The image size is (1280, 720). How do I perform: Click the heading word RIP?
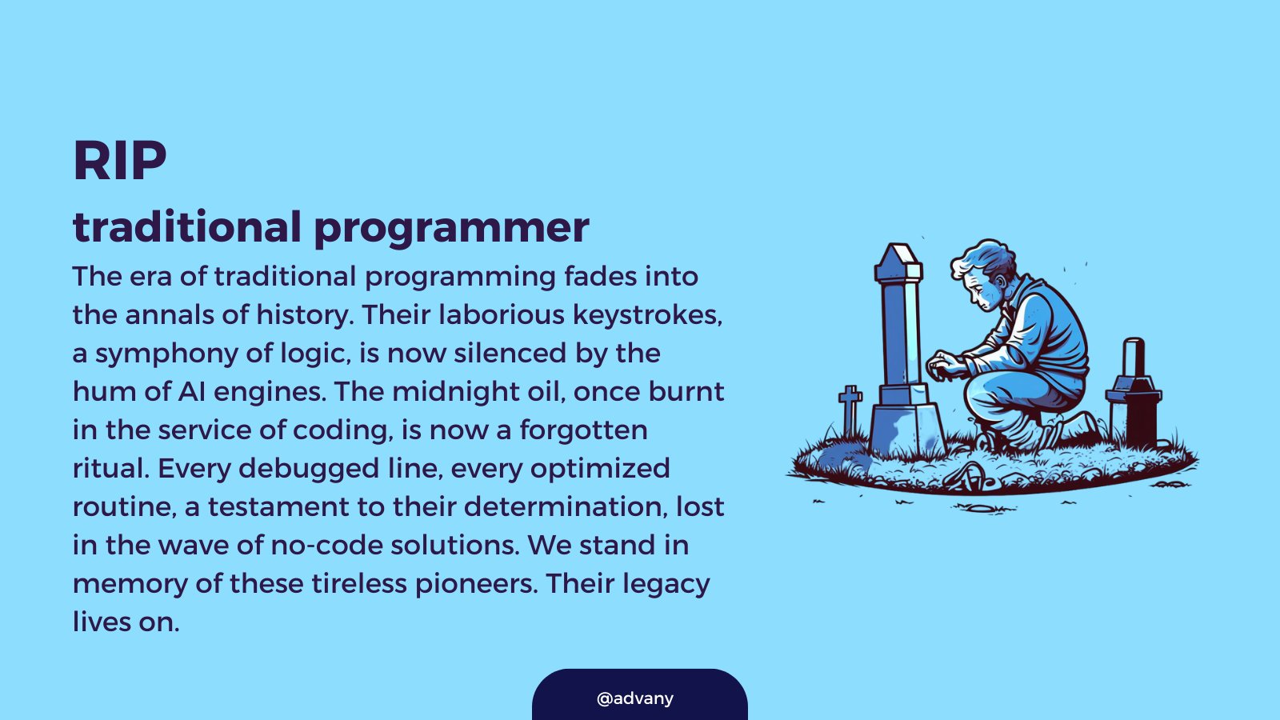coord(120,161)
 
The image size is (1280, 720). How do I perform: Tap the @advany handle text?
coord(635,698)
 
